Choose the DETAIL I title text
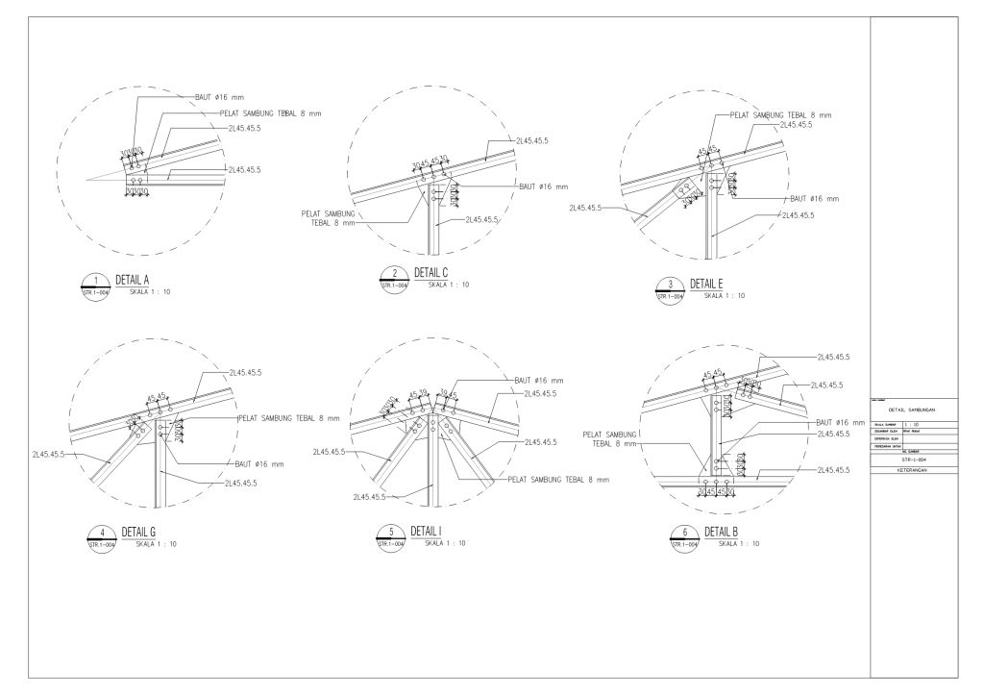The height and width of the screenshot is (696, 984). point(427,533)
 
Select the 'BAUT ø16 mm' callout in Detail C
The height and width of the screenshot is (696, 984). point(544,186)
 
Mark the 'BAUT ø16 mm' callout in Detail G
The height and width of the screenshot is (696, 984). point(259,463)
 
